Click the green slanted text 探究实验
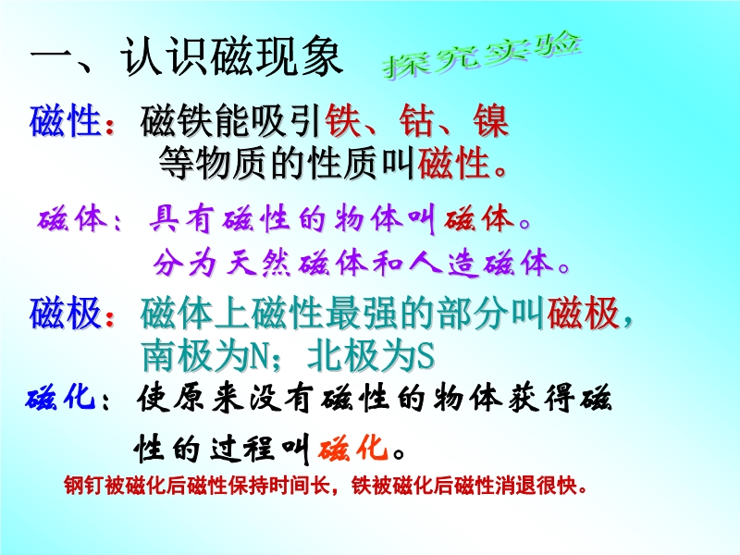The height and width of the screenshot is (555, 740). coord(481,55)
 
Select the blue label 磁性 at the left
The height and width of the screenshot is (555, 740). coord(66,121)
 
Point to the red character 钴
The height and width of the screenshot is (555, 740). coord(417,121)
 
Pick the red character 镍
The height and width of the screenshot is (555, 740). coord(491,121)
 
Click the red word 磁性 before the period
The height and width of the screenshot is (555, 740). coord(453,164)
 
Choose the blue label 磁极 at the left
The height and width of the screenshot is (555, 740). coord(66,313)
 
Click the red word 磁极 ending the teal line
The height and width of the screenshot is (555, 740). coord(584,313)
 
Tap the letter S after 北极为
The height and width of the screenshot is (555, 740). coord(425,356)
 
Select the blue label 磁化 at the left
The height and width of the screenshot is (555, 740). coord(61,398)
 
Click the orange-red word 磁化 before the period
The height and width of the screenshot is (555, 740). coord(353,448)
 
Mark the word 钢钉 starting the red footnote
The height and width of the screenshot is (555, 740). coord(84,486)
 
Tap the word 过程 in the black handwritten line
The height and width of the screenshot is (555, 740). coord(243,448)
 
